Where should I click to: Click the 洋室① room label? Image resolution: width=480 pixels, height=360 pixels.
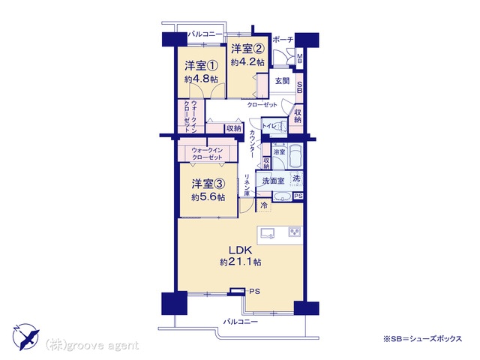click(201, 66)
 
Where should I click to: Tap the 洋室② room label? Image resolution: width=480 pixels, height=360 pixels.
click(247, 48)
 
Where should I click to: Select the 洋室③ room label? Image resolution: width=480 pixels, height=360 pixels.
click(208, 184)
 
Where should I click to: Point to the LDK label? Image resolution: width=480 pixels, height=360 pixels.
click(240, 250)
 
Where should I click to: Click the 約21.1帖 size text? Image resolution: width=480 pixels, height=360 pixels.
click(240, 262)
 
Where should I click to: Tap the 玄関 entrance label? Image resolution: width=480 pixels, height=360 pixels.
click(282, 81)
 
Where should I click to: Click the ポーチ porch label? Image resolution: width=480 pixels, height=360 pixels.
click(283, 40)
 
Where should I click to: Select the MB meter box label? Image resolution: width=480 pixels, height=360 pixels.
click(300, 58)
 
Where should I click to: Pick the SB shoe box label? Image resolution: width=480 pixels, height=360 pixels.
click(300, 88)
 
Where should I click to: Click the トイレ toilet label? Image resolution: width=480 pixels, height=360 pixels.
click(269, 126)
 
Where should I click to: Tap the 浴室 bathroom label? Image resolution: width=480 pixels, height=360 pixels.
click(279, 151)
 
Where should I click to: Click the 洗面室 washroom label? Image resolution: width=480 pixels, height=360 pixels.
click(273, 181)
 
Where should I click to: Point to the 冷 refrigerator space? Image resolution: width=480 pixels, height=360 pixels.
click(264, 205)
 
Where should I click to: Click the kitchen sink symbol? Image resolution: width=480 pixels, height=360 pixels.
click(268, 233)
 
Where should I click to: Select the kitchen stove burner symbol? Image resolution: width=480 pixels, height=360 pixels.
click(295, 232)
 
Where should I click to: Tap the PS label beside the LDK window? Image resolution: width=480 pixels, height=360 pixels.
click(254, 292)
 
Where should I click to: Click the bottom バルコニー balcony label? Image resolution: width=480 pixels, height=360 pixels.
click(240, 322)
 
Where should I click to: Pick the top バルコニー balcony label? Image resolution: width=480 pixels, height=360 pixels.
click(205, 34)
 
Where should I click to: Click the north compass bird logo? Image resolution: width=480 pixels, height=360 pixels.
click(26, 337)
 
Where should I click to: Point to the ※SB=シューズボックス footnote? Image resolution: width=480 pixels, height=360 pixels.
click(422, 339)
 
